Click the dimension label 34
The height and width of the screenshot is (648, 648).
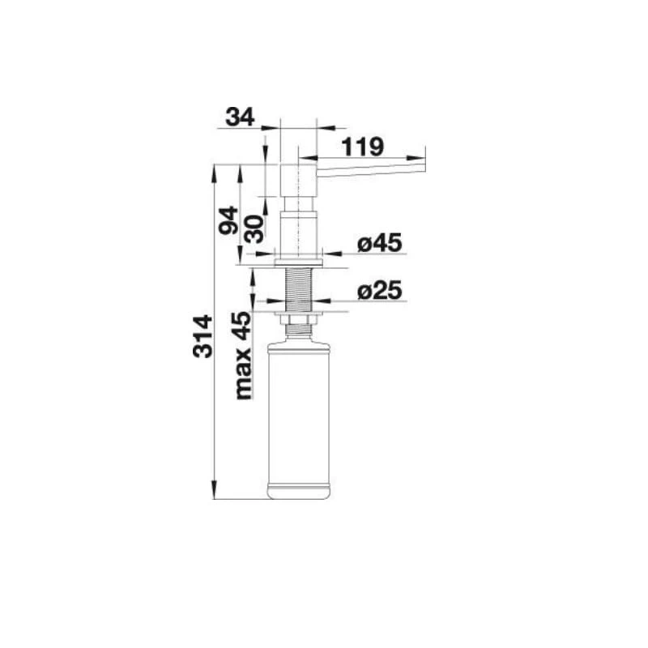[240, 117]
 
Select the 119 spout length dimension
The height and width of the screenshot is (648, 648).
[363, 147]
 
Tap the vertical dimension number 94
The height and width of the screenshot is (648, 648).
[228, 220]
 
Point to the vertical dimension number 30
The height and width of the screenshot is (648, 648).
[254, 228]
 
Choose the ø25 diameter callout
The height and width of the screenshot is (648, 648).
[379, 290]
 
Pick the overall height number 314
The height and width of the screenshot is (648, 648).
[203, 336]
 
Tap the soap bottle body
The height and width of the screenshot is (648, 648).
[299, 418]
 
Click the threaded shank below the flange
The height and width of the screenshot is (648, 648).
[298, 289]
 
